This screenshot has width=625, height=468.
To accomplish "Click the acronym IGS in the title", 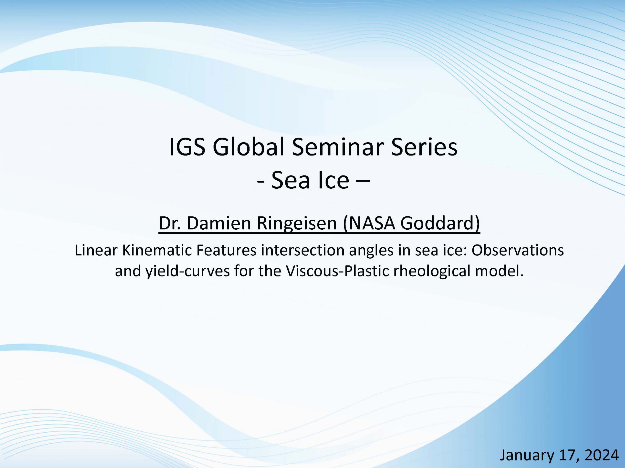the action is coord(187,147).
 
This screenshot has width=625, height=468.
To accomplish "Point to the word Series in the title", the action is coord(424,147).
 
